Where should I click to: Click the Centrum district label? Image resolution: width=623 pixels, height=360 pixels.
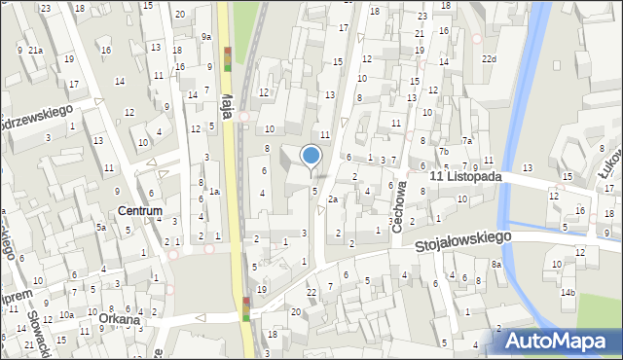(139, 210)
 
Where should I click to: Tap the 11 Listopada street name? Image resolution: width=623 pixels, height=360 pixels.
(466, 177)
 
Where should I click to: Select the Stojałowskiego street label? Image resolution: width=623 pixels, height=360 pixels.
(462, 237)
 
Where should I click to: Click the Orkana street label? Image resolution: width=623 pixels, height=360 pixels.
(118, 318)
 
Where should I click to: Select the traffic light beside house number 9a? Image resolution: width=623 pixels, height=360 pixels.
(228, 59)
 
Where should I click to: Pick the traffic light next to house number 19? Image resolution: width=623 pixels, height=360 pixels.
(246, 308)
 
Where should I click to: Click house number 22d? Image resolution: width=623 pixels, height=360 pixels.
(488, 58)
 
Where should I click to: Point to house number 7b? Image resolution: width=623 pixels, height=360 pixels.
(442, 151)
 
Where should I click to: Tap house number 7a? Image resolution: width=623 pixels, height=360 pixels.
(466, 141)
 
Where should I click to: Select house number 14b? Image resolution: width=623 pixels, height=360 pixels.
(567, 292)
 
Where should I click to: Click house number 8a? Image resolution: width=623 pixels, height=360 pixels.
(495, 264)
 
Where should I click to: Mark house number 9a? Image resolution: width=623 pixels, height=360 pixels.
(206, 37)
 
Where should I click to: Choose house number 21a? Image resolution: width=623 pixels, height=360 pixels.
(35, 50)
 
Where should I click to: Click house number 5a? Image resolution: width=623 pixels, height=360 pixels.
(100, 227)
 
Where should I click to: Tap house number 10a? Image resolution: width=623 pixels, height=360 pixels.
(65, 314)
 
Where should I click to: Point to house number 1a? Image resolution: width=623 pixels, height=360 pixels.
(214, 192)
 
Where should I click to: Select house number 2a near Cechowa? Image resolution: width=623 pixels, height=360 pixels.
(332, 198)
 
